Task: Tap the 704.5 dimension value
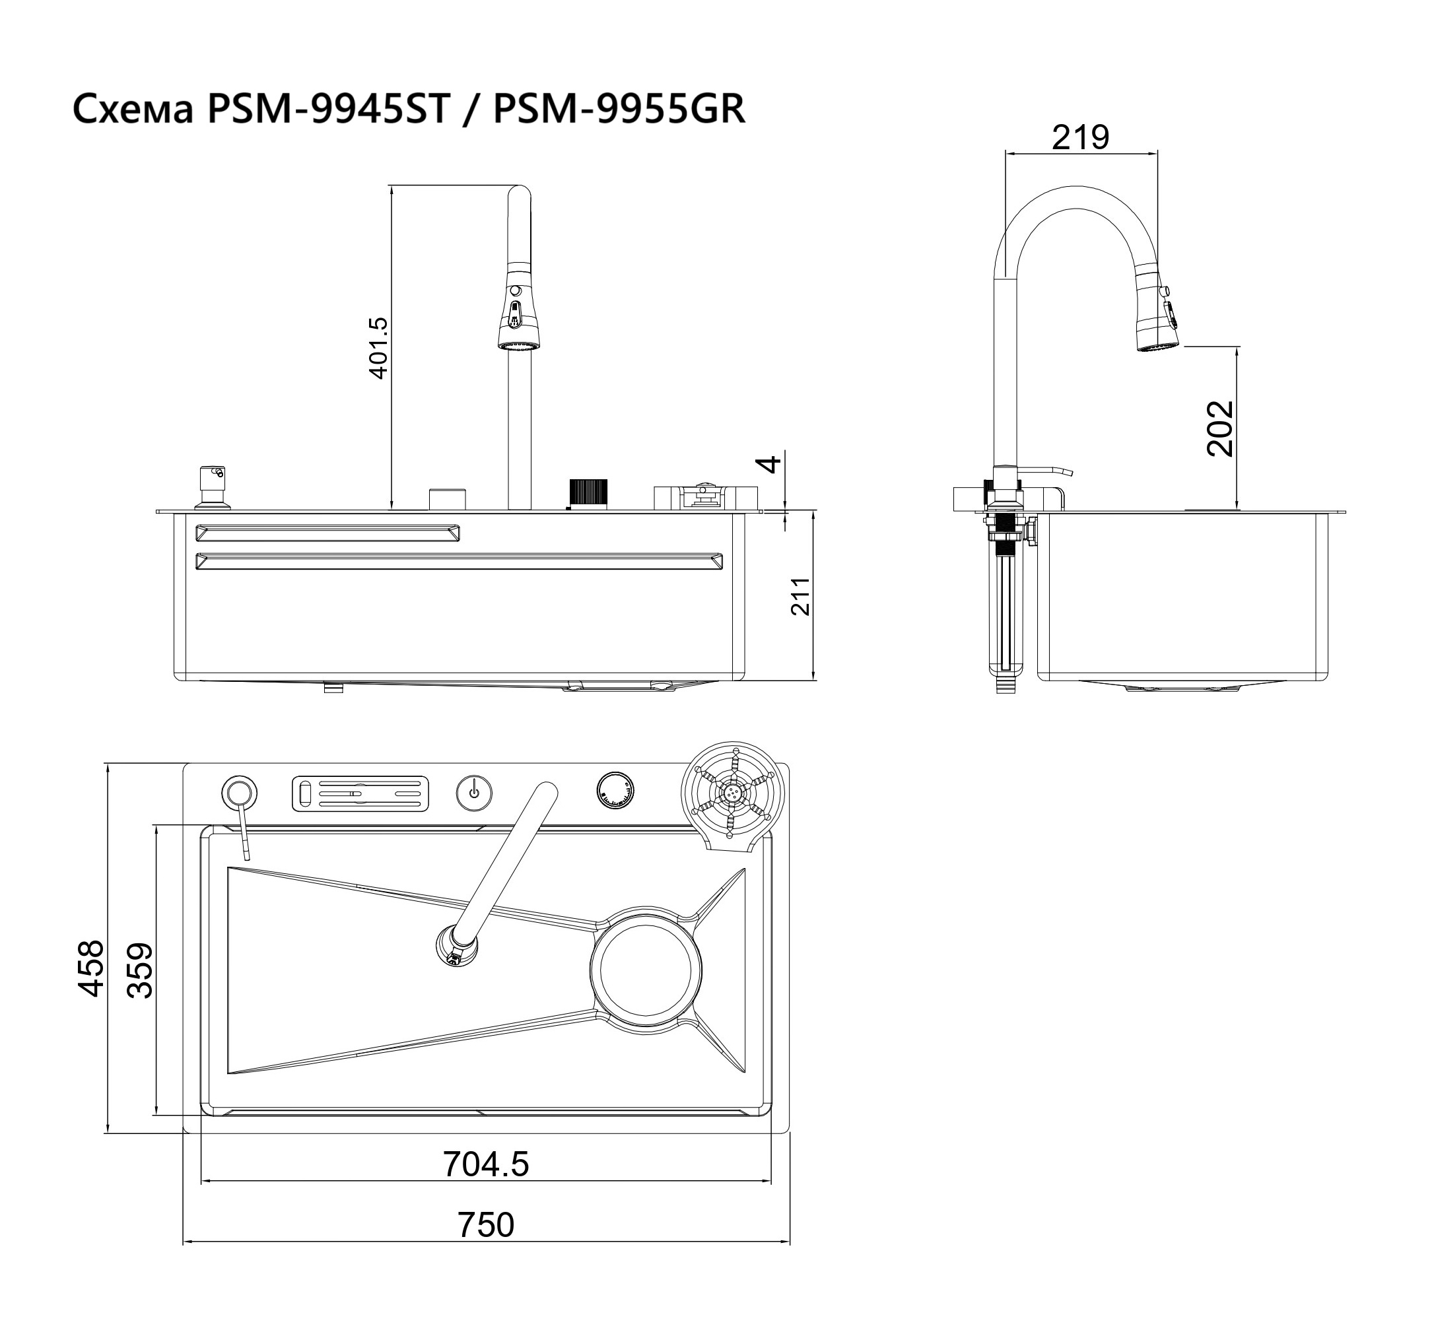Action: click(485, 1164)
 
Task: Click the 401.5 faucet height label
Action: click(378, 348)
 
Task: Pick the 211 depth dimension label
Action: click(800, 596)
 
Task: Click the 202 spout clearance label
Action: click(1220, 428)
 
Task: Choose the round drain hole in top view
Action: click(646, 970)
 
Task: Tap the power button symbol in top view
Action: click(474, 792)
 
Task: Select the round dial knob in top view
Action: click(615, 791)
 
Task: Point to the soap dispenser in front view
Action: click(213, 486)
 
